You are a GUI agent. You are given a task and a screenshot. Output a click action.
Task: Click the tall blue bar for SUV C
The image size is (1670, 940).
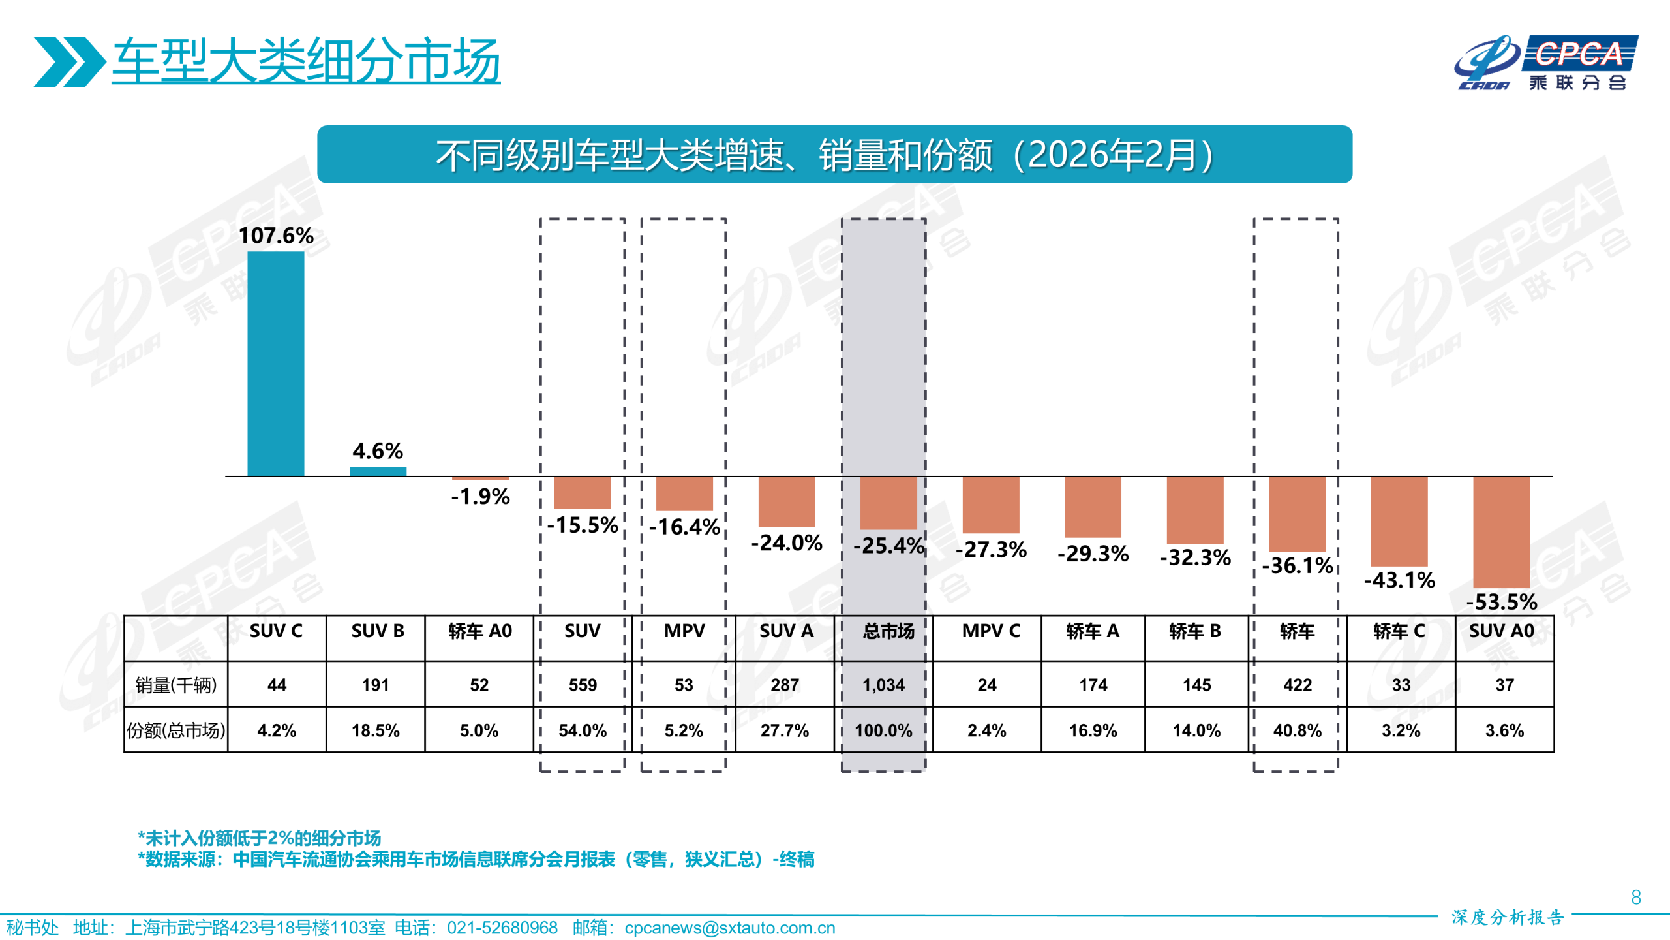[x=275, y=364]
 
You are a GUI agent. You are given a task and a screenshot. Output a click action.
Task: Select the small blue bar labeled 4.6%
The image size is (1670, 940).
[x=378, y=471]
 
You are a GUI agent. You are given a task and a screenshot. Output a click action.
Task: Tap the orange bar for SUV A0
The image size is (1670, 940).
[x=1501, y=532]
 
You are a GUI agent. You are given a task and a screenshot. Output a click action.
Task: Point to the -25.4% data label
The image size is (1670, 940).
[x=888, y=545]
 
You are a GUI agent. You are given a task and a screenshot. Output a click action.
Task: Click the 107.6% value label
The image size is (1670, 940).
[x=275, y=236]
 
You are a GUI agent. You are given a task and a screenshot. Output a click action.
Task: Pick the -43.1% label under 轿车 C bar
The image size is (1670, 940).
[x=1399, y=580]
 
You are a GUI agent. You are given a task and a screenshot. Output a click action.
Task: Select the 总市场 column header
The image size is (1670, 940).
[x=888, y=631]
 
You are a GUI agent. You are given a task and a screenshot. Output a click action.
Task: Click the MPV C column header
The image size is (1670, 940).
[x=990, y=631]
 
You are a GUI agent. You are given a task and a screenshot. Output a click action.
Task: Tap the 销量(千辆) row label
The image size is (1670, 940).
[x=175, y=685]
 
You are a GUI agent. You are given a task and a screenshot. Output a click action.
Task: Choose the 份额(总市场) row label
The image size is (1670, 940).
[x=175, y=730]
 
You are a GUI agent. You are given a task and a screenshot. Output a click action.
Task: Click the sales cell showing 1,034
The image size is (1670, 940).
[x=883, y=685]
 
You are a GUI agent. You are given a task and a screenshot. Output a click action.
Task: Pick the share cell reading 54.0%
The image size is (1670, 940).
[x=582, y=730]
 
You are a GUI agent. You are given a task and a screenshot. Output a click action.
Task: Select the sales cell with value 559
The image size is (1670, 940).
[x=582, y=685]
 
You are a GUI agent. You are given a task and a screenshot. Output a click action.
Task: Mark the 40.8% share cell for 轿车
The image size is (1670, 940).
[x=1297, y=730]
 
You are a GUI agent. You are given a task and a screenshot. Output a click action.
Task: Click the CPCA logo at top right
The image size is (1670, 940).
[x=1546, y=63]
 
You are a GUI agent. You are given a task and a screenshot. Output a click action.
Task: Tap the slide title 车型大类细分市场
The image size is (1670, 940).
[x=305, y=61]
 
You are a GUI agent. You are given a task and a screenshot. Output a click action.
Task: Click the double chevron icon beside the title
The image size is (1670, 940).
[x=68, y=61]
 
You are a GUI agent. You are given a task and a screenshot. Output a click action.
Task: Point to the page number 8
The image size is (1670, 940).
[x=1635, y=898]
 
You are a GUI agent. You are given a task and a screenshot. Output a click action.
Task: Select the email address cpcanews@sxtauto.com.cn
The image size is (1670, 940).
[x=729, y=928]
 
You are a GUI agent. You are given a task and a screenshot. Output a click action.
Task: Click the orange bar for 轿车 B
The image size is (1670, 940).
[x=1194, y=510]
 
